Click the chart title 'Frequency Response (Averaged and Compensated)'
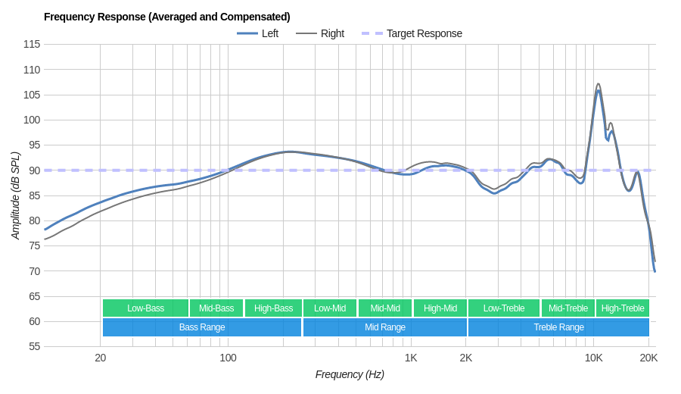(166, 17)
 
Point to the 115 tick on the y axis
(32, 44)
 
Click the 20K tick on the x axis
(648, 358)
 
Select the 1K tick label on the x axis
(411, 358)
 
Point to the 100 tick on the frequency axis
(228, 358)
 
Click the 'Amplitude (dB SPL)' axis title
(15, 195)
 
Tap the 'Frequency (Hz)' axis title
(350, 374)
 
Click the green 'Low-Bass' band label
(145, 308)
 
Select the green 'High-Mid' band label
(440, 308)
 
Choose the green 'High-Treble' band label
(623, 308)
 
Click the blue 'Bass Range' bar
(202, 327)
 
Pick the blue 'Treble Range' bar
(558, 327)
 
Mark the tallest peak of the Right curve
(599, 84)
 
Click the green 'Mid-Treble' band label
(568, 308)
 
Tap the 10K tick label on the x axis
(593, 358)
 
